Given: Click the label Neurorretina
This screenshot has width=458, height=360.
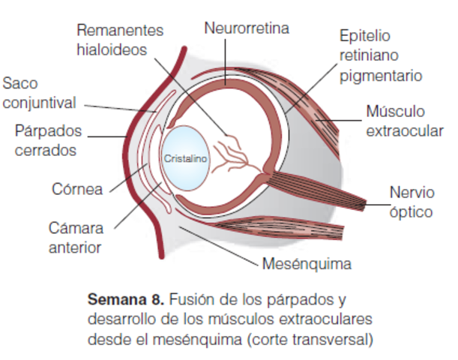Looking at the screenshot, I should [247, 28].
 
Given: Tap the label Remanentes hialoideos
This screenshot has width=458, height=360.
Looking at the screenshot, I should [120, 40].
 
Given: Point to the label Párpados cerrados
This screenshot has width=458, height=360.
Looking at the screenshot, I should [46, 140].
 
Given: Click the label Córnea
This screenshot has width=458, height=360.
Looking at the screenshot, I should [77, 188].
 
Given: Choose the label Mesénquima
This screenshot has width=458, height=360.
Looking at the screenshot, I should [307, 264].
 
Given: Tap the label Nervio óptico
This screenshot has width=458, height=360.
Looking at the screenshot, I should [411, 202].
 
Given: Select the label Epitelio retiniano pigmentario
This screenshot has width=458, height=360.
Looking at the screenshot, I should [380, 55].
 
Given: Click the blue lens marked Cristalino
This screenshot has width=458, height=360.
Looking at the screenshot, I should [186, 160].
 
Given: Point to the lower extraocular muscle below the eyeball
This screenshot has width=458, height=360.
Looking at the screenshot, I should [277, 229].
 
